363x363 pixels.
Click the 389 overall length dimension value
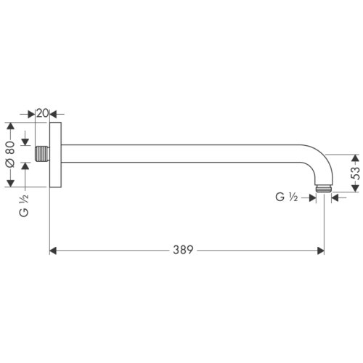pyautogui.click(x=183, y=250)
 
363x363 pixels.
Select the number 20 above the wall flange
pyautogui.click(x=42, y=114)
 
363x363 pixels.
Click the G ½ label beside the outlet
pyautogui.click(x=287, y=197)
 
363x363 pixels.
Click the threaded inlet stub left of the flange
pyautogui.click(x=42, y=155)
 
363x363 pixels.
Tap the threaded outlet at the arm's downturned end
pyautogui.click(x=324, y=192)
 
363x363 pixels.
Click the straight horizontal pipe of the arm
pyautogui.click(x=181, y=155)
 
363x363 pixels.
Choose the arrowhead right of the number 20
pyautogui.click(x=60, y=114)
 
